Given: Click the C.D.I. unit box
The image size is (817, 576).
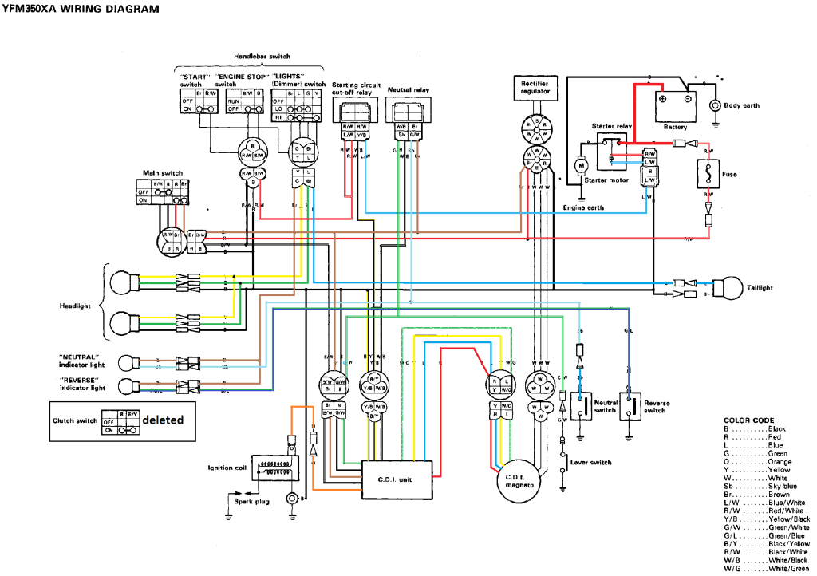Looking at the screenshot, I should coord(397,479).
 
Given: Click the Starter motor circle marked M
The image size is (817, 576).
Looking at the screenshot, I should coord(582,164).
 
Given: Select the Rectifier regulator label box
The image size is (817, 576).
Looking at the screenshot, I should coord(535,87).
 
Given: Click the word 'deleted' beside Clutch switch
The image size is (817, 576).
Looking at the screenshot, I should coord(163,420).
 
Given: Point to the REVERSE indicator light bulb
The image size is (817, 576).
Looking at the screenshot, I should coord(125,387).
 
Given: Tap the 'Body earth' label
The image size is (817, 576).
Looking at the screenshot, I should coord(741,105).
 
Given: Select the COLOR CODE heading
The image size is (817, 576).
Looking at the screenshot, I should coord(748,420).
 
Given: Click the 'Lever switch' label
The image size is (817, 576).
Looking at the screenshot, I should coord(590,462).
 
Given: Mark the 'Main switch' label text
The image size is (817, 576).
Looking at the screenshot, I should coord(163,172).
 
